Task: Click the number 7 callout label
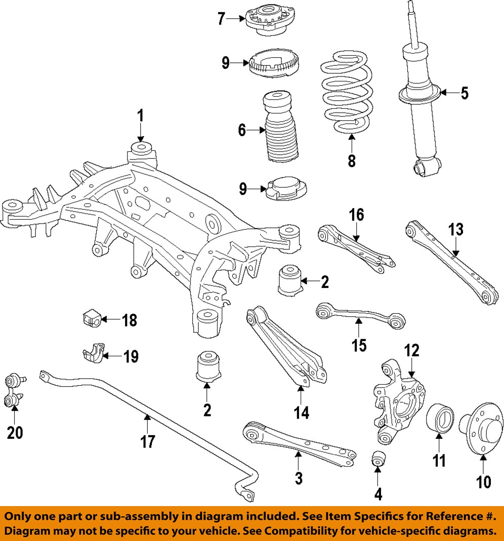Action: click(x=221, y=19)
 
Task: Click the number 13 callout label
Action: click(x=455, y=230)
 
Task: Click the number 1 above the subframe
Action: click(x=141, y=116)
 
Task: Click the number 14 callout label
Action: click(x=301, y=412)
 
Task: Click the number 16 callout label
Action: click(x=356, y=215)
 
